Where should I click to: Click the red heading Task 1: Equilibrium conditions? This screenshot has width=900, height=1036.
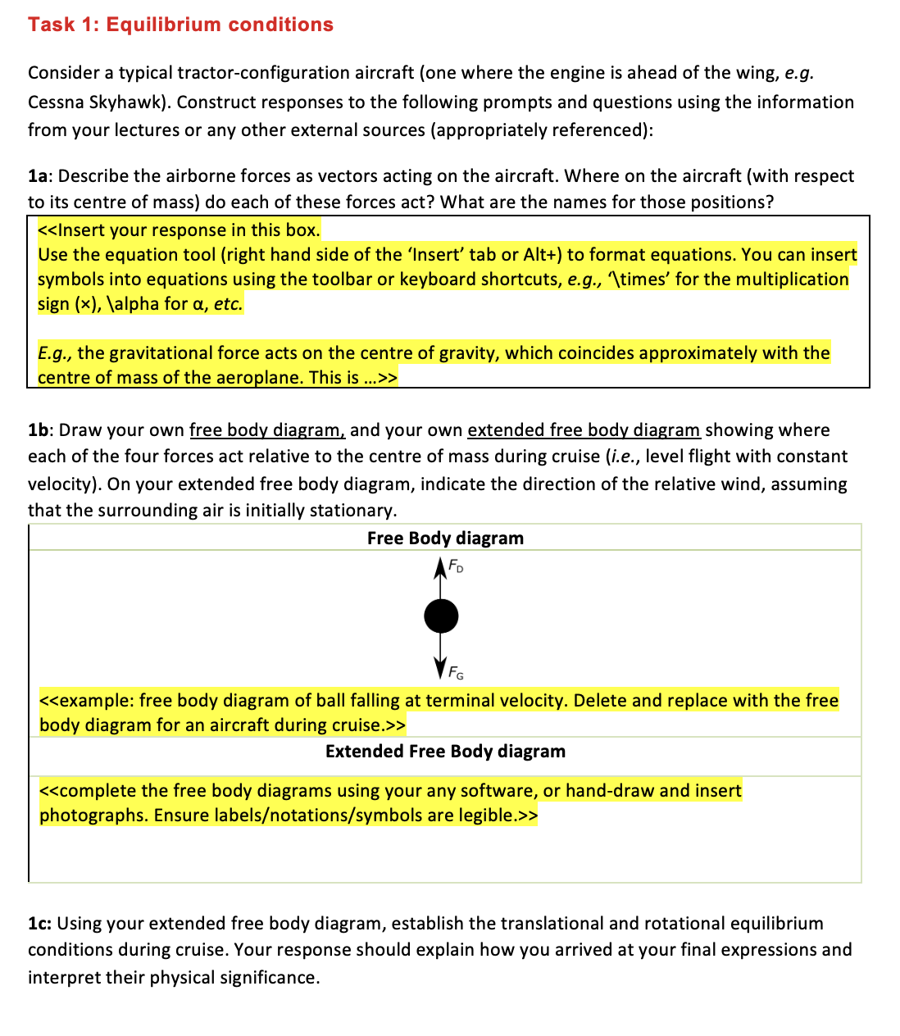180,25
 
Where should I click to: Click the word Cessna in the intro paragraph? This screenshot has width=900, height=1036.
55,102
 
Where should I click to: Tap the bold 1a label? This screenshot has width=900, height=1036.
39,176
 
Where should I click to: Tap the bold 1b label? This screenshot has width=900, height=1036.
40,430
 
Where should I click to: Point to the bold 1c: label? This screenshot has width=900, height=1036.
40,924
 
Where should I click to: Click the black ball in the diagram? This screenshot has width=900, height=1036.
441,616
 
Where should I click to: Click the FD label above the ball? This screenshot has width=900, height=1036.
457,566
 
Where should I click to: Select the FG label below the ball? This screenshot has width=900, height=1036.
456,674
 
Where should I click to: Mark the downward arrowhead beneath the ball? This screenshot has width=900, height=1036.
441,669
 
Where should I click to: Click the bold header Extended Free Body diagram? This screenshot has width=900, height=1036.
445,752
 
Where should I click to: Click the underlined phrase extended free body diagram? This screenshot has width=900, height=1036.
584,430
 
